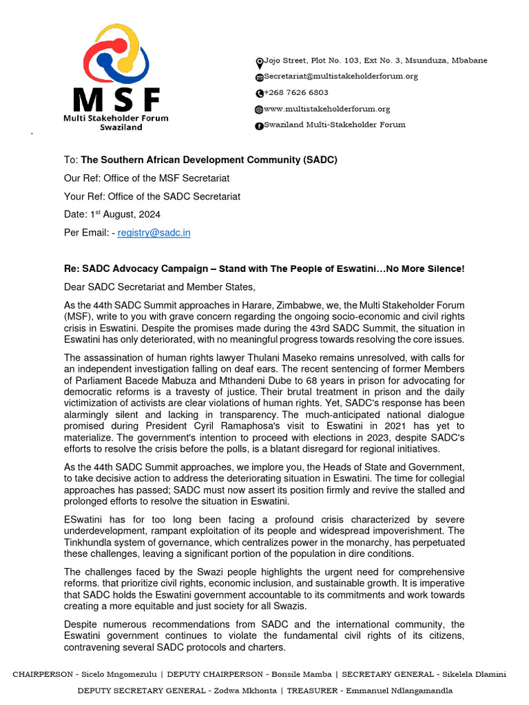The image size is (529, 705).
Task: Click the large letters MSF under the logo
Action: point(116,100)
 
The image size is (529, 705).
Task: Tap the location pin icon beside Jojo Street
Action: point(259,61)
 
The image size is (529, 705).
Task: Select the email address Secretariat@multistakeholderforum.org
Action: point(341,76)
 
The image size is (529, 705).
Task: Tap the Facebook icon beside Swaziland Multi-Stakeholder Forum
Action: point(259,125)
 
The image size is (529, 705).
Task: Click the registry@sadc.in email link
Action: point(154,233)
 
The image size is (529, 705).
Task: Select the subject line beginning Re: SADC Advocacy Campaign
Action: point(264,269)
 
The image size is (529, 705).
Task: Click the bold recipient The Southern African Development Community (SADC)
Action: point(209,160)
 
